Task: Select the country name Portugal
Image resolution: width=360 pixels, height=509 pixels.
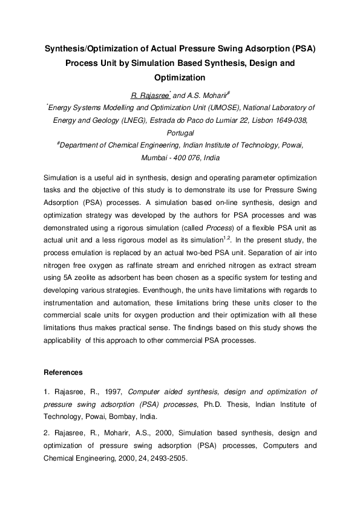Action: pos(180,132)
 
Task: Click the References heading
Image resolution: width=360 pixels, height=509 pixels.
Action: pos(64,372)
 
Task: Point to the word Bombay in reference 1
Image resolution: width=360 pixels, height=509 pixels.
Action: pos(123,417)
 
